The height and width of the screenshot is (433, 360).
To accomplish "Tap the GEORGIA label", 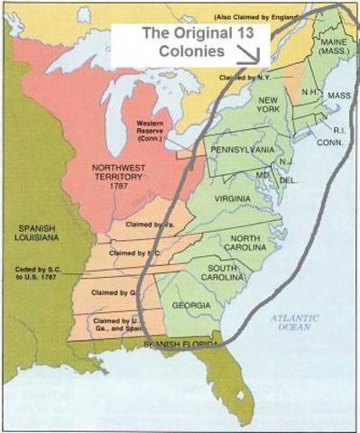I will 192,305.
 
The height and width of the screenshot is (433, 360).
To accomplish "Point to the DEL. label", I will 288,180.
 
